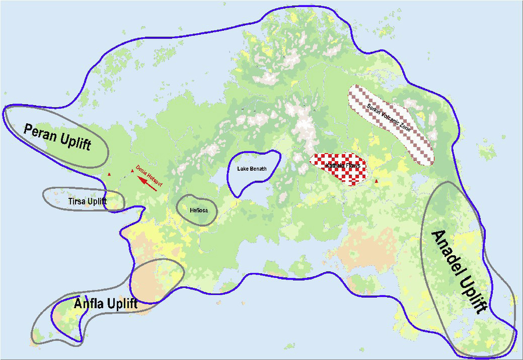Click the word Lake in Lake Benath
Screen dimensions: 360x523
242,169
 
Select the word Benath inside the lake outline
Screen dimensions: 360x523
257,169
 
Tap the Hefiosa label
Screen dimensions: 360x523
196,210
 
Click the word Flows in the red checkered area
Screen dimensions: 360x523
352,166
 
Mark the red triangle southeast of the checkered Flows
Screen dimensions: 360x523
377,183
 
